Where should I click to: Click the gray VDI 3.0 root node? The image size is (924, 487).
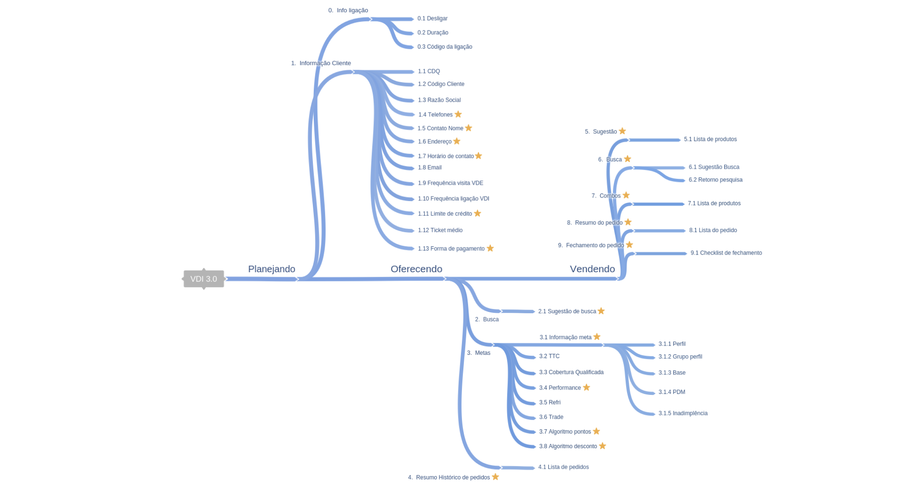click(x=203, y=279)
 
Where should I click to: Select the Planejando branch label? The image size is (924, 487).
click(x=271, y=269)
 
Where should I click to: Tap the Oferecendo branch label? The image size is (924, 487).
click(x=416, y=269)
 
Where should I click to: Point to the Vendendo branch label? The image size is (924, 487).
click(x=592, y=269)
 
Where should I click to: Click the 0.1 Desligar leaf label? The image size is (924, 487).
click(x=432, y=19)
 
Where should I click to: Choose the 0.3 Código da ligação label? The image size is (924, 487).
click(x=445, y=47)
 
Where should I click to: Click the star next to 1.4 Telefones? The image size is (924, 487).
click(x=458, y=114)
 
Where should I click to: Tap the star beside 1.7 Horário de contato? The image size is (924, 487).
click(x=478, y=155)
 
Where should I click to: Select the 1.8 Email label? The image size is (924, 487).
click(x=430, y=168)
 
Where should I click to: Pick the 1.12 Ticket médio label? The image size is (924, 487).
click(x=440, y=230)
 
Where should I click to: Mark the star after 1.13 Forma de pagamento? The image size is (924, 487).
click(x=490, y=248)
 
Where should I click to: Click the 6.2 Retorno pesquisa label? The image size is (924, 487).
click(x=716, y=180)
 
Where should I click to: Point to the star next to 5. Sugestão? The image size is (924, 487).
click(x=623, y=131)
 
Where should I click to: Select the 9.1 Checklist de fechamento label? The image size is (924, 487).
click(x=726, y=253)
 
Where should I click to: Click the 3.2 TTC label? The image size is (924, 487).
click(x=549, y=357)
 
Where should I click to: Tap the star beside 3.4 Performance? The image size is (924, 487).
click(x=587, y=387)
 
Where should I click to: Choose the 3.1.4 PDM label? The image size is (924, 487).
click(x=672, y=392)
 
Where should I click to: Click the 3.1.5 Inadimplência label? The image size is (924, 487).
click(x=683, y=414)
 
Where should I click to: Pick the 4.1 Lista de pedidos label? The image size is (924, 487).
click(x=563, y=467)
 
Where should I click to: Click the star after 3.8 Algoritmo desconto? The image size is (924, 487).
click(x=602, y=446)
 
